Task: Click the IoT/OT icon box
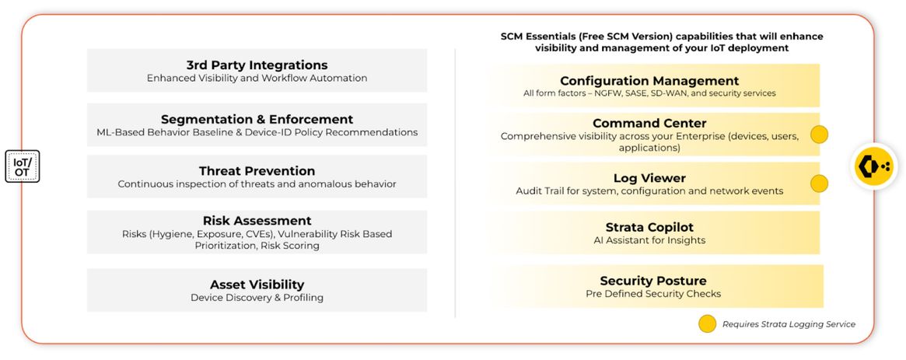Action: [23, 166]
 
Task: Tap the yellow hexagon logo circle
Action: [873, 166]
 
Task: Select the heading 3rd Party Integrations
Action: [257, 65]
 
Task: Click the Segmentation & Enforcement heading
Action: [257, 120]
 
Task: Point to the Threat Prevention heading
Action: [257, 171]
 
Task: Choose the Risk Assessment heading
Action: [257, 221]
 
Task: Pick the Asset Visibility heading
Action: [257, 285]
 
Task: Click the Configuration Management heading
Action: [649, 81]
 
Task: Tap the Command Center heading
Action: [649, 123]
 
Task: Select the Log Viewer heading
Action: [649, 178]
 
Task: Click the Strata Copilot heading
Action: [649, 227]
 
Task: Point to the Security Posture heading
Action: [653, 281]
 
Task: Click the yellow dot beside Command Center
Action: [819, 135]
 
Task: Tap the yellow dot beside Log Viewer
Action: [819, 183]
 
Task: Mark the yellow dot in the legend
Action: [707, 323]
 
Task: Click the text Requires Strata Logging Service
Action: [789, 324]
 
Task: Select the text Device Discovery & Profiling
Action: [257, 298]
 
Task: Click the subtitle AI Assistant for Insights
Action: [649, 240]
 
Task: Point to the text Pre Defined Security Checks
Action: [653, 294]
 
